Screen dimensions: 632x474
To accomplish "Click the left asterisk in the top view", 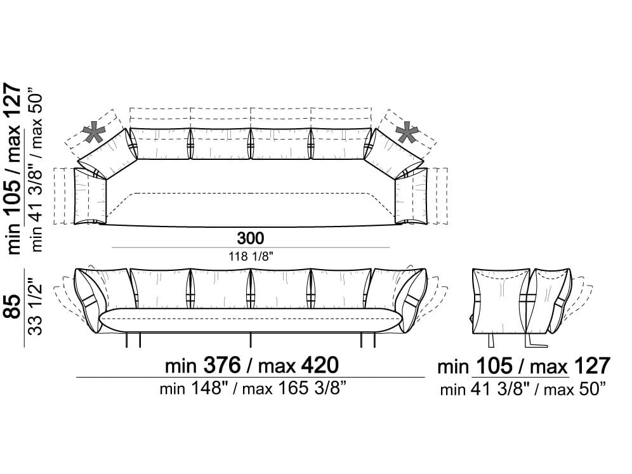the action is (x=93, y=133).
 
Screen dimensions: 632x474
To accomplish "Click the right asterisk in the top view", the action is (x=407, y=133).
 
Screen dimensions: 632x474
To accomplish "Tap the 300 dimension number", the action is (x=250, y=238).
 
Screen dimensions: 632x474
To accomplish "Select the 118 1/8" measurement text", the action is (x=251, y=256).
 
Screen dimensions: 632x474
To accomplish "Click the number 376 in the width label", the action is (x=221, y=365).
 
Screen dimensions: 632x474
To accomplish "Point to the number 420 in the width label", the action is (x=320, y=365).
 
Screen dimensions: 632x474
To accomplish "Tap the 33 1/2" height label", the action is (x=36, y=306).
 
